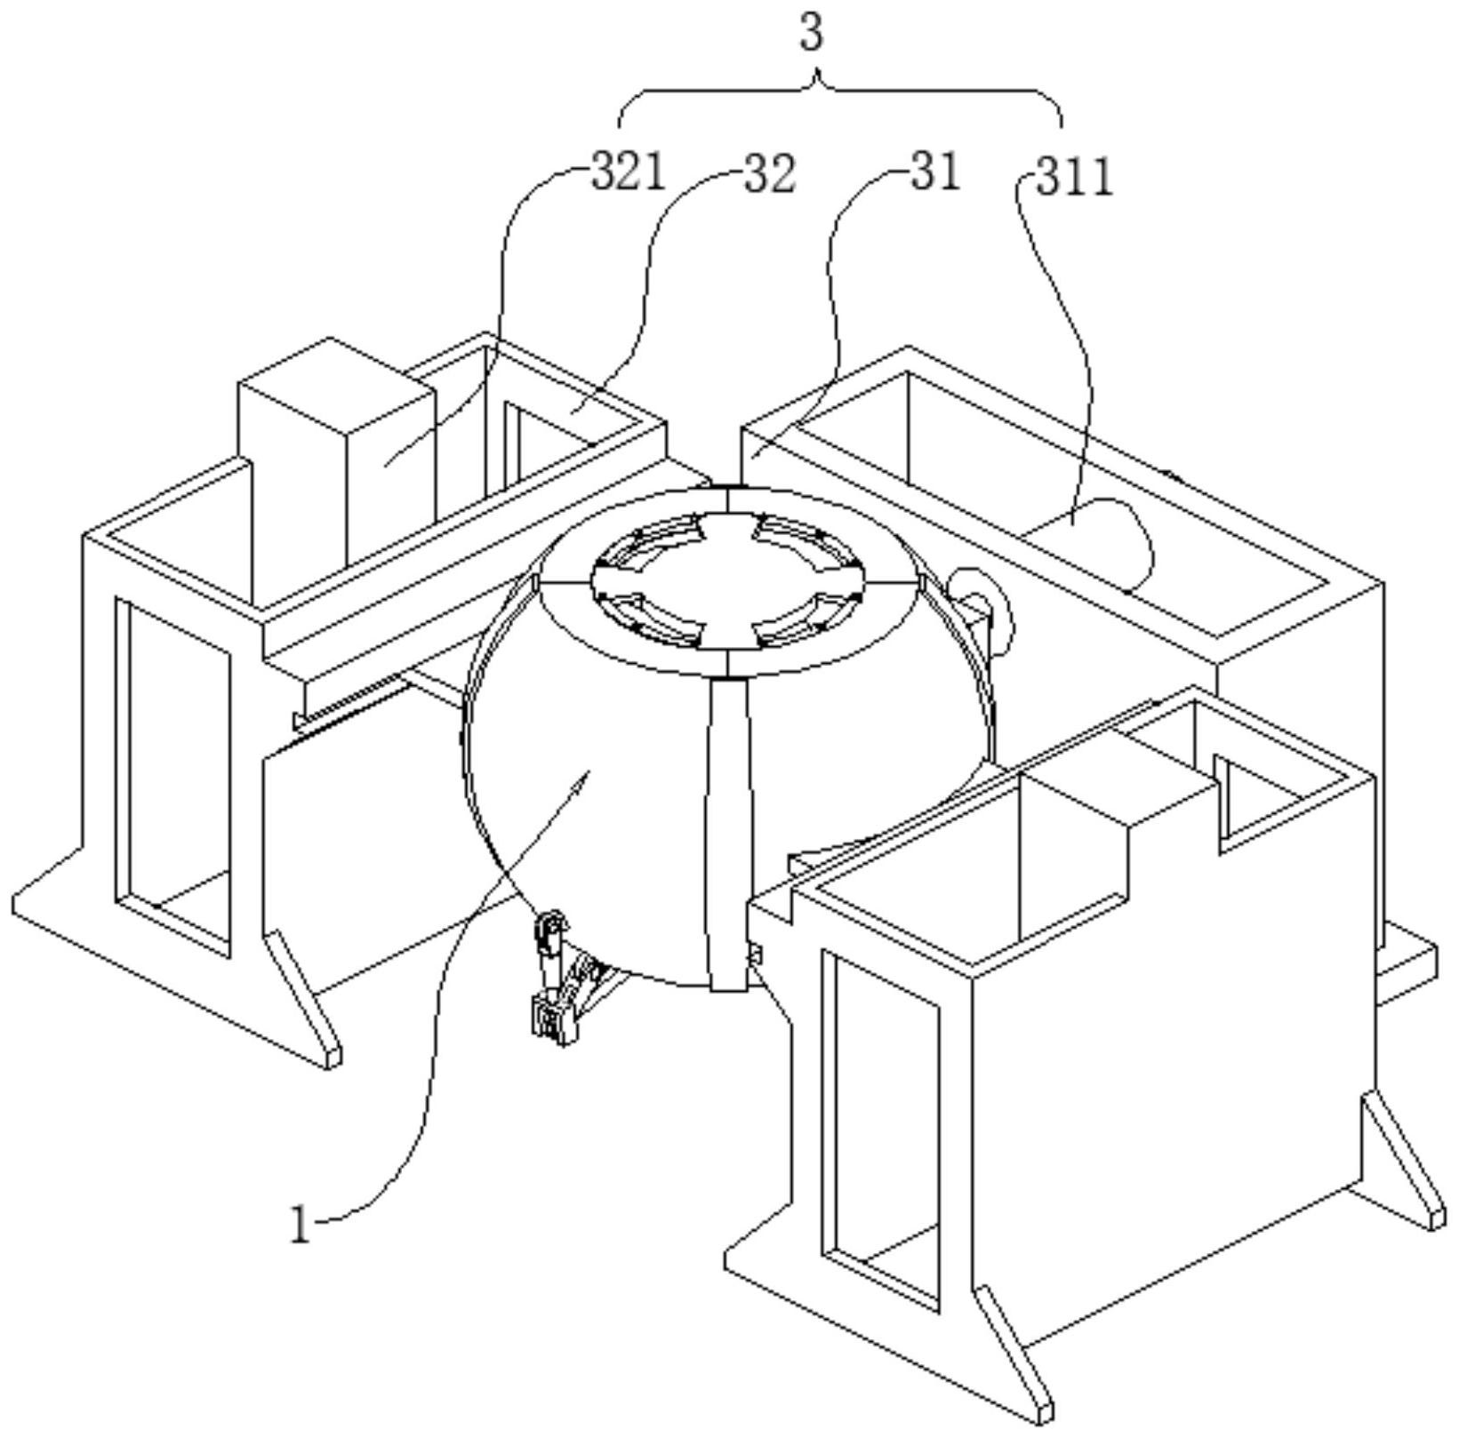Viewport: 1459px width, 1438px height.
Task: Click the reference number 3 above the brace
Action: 812,34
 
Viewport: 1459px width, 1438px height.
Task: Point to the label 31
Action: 935,171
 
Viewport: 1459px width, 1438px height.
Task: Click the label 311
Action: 1075,177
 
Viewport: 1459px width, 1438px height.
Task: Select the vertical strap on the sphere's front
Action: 728,835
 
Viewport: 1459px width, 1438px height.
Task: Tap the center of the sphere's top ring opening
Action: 727,579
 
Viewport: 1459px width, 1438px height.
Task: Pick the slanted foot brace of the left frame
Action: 303,999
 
